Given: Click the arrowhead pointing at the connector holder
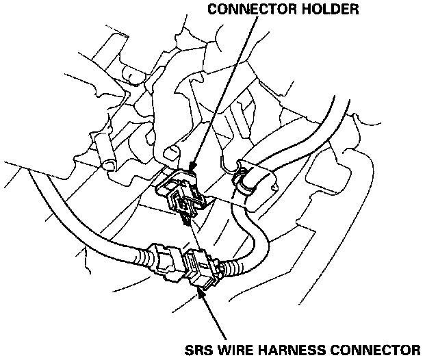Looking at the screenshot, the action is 192,166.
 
